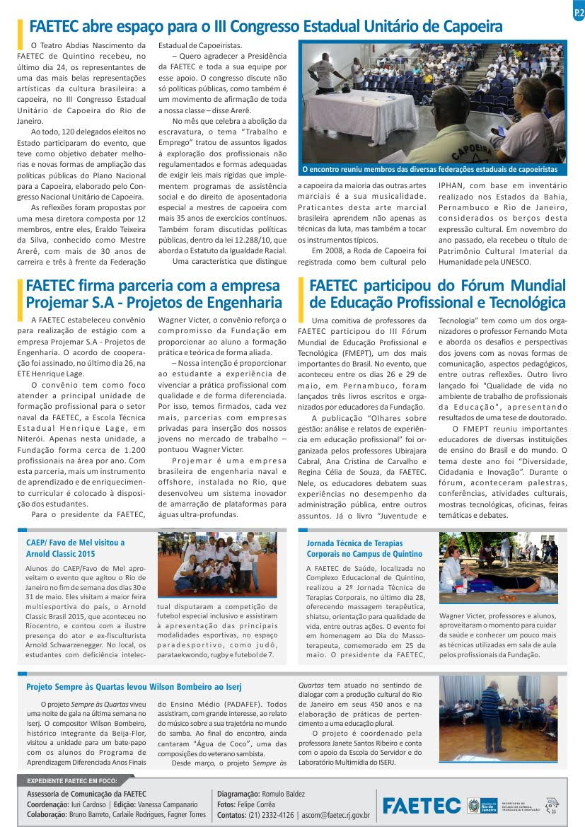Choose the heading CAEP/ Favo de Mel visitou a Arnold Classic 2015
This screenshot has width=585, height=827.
75,548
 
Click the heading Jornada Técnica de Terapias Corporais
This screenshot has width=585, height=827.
364,548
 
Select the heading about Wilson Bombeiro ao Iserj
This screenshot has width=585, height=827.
134,686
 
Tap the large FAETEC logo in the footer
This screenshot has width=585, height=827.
421,805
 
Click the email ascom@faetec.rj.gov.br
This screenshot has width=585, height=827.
335,815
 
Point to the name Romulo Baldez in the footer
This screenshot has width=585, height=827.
286,794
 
